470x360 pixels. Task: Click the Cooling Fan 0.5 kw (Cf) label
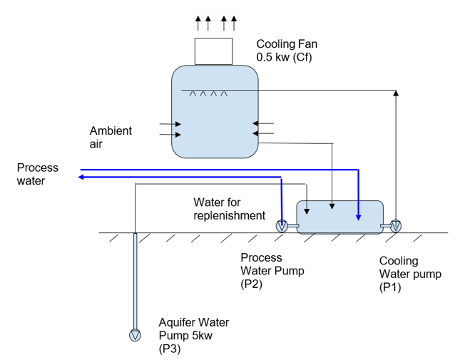pyautogui.click(x=287, y=51)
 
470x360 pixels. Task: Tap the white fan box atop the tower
pyautogui.click(x=214, y=51)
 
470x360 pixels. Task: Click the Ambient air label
pyautogui.click(x=111, y=136)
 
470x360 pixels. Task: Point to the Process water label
pyautogui.click(x=38, y=174)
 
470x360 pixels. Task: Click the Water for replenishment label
pyautogui.click(x=229, y=209)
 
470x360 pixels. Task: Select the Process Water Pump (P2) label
pyautogui.click(x=261, y=271)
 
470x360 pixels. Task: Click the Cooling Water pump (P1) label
pyautogui.click(x=410, y=274)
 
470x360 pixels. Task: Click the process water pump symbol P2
pyautogui.click(x=283, y=227)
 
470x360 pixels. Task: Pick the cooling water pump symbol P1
pyautogui.click(x=396, y=226)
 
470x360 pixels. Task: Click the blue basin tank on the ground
pyautogui.click(x=339, y=217)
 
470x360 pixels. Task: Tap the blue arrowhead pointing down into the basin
pyautogui.click(x=359, y=217)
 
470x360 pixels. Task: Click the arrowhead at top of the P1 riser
pyautogui.click(x=396, y=92)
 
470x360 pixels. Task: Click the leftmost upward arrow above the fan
pyautogui.click(x=198, y=21)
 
